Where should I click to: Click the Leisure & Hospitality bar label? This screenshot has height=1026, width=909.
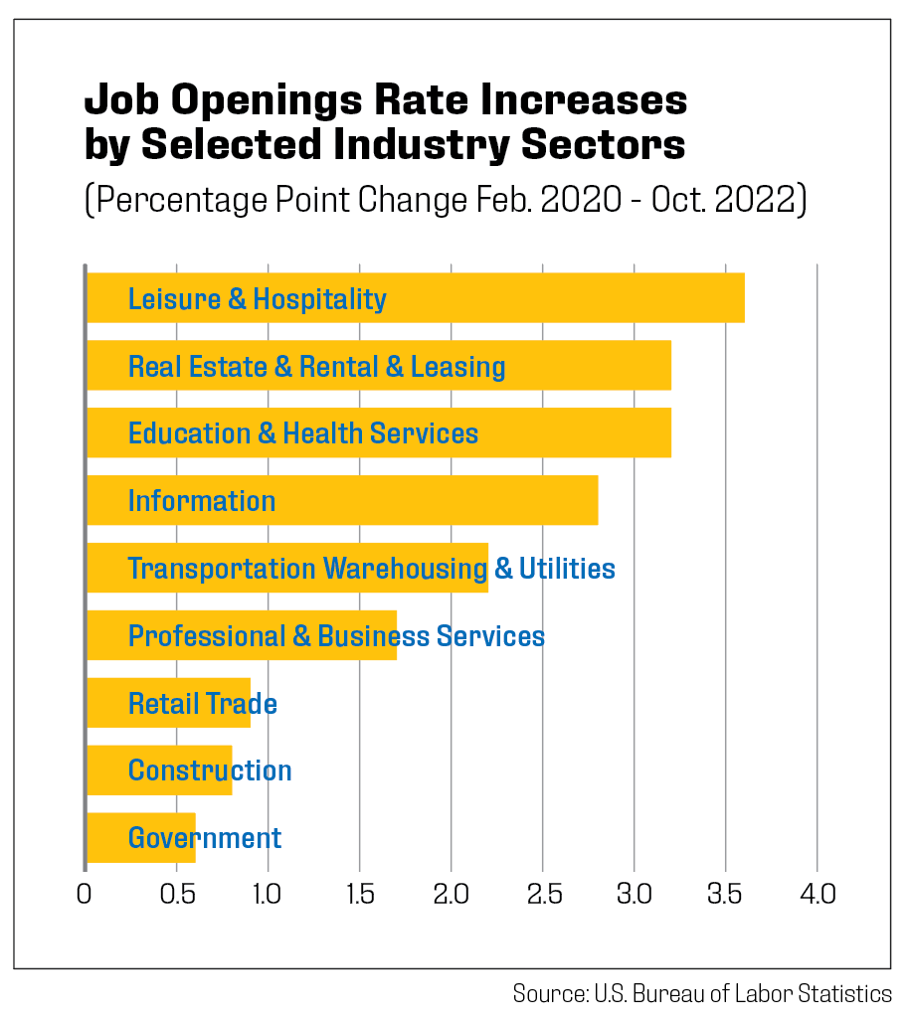[257, 299]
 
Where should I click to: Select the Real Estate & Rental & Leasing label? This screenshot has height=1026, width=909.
[316, 367]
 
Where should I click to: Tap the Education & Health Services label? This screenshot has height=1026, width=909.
[303, 433]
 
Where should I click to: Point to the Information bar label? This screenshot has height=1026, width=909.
[202, 501]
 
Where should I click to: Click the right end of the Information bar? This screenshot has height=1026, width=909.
[596, 500]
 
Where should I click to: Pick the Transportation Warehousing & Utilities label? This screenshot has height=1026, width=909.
[371, 569]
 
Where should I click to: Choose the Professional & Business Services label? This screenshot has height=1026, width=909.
[336, 636]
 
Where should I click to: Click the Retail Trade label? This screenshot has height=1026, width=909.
[202, 704]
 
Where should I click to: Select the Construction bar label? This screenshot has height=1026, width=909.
[210, 770]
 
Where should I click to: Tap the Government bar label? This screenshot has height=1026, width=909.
[205, 838]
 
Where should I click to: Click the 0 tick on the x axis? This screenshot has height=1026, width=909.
[85, 894]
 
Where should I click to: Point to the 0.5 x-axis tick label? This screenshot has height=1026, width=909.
[176, 894]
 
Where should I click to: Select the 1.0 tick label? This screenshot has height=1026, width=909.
[267, 894]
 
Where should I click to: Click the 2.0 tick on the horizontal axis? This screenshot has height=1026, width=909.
[451, 894]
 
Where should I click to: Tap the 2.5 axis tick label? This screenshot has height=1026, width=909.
[542, 894]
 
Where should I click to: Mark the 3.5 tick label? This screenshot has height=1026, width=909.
[725, 894]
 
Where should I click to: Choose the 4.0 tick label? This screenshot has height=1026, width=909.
[816, 894]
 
